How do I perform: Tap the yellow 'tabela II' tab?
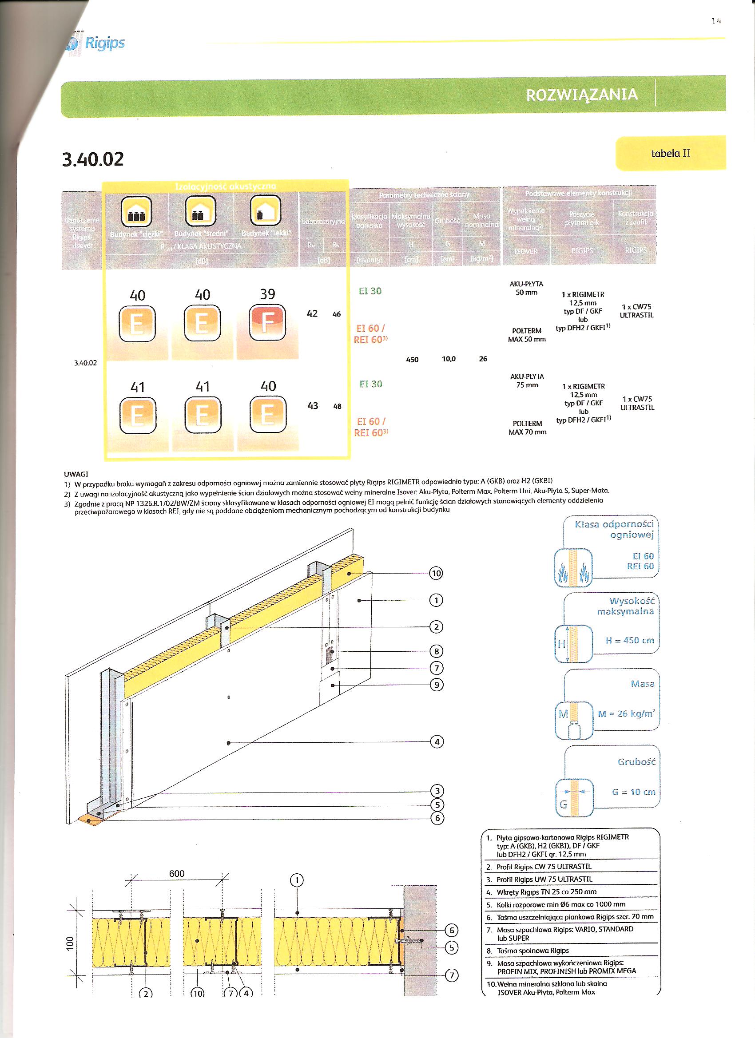(670, 153)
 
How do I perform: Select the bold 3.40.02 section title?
(93, 159)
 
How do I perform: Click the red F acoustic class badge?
(267, 324)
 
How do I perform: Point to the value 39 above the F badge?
(267, 294)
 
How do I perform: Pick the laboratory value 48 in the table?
(337, 406)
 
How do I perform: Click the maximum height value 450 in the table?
(412, 360)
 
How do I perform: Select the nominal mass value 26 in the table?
(483, 359)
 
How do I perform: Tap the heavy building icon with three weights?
(136, 211)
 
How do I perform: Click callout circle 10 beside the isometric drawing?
(436, 573)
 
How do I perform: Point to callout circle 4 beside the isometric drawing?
(437, 742)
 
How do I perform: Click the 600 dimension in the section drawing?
(177, 873)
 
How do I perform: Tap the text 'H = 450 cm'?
(630, 640)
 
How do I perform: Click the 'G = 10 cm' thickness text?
(634, 792)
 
